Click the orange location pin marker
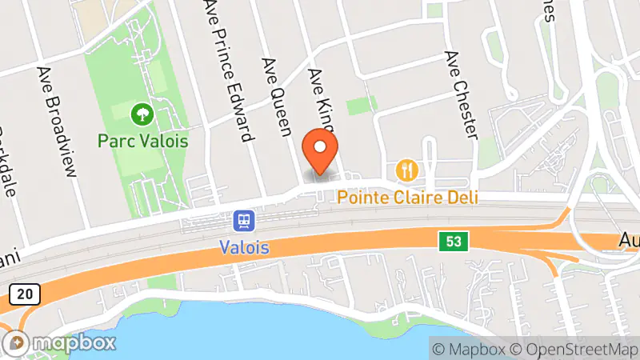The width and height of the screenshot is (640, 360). pyautogui.click(x=320, y=151)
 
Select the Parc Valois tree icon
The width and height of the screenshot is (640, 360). pyautogui.click(x=143, y=114)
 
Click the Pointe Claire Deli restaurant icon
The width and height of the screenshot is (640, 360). pyautogui.click(x=408, y=170)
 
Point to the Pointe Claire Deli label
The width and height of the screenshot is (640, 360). pyautogui.click(x=407, y=196)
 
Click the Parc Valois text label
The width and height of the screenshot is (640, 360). pyautogui.click(x=143, y=141)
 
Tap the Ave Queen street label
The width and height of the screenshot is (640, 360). pyautogui.click(x=276, y=97)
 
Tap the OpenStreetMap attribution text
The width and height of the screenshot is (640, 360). pyautogui.click(x=574, y=349)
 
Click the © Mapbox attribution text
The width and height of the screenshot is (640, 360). pyautogui.click(x=470, y=349)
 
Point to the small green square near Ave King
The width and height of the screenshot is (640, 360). pyautogui.click(x=362, y=105)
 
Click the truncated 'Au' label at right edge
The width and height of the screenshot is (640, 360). pyautogui.click(x=629, y=239)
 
